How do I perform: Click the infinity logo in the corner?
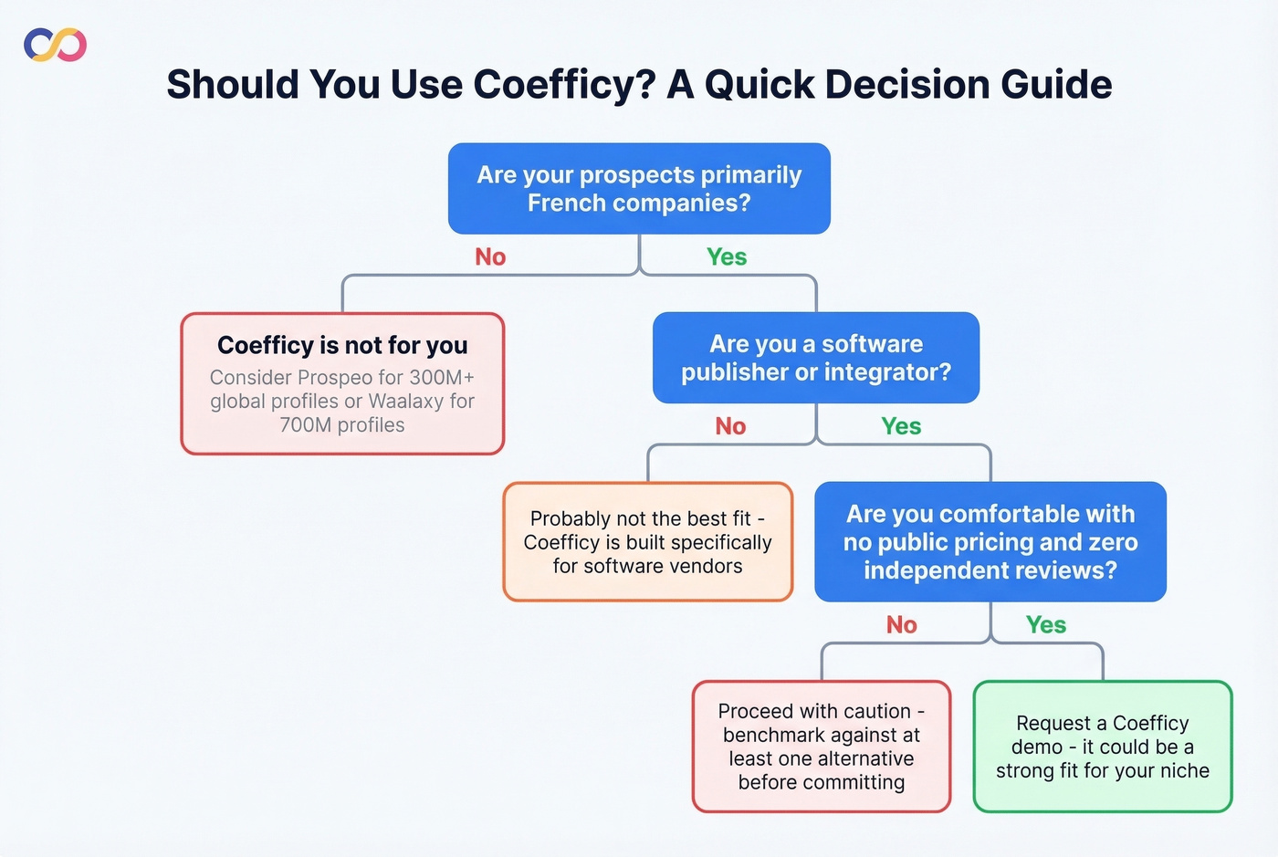56,45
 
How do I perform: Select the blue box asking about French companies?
639,189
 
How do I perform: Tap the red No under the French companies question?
490,257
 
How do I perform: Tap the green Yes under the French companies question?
727,257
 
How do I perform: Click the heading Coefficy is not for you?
342,345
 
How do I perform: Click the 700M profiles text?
342,425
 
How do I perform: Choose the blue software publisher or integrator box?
816,358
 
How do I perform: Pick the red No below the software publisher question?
730,426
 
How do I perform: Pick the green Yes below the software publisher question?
901,426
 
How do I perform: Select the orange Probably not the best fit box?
648,542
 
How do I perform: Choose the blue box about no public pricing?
990,542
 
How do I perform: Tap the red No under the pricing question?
901,625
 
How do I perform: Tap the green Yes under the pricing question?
1046,625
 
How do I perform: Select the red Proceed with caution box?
822,747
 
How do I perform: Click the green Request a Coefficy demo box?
1103,747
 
